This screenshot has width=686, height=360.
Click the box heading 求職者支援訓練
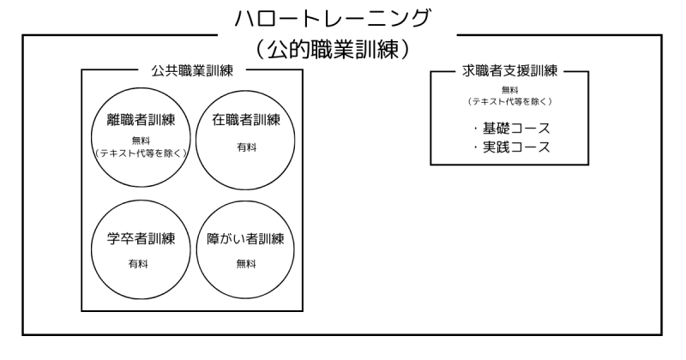(x=511, y=71)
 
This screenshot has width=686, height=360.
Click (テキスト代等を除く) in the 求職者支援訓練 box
(x=510, y=102)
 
